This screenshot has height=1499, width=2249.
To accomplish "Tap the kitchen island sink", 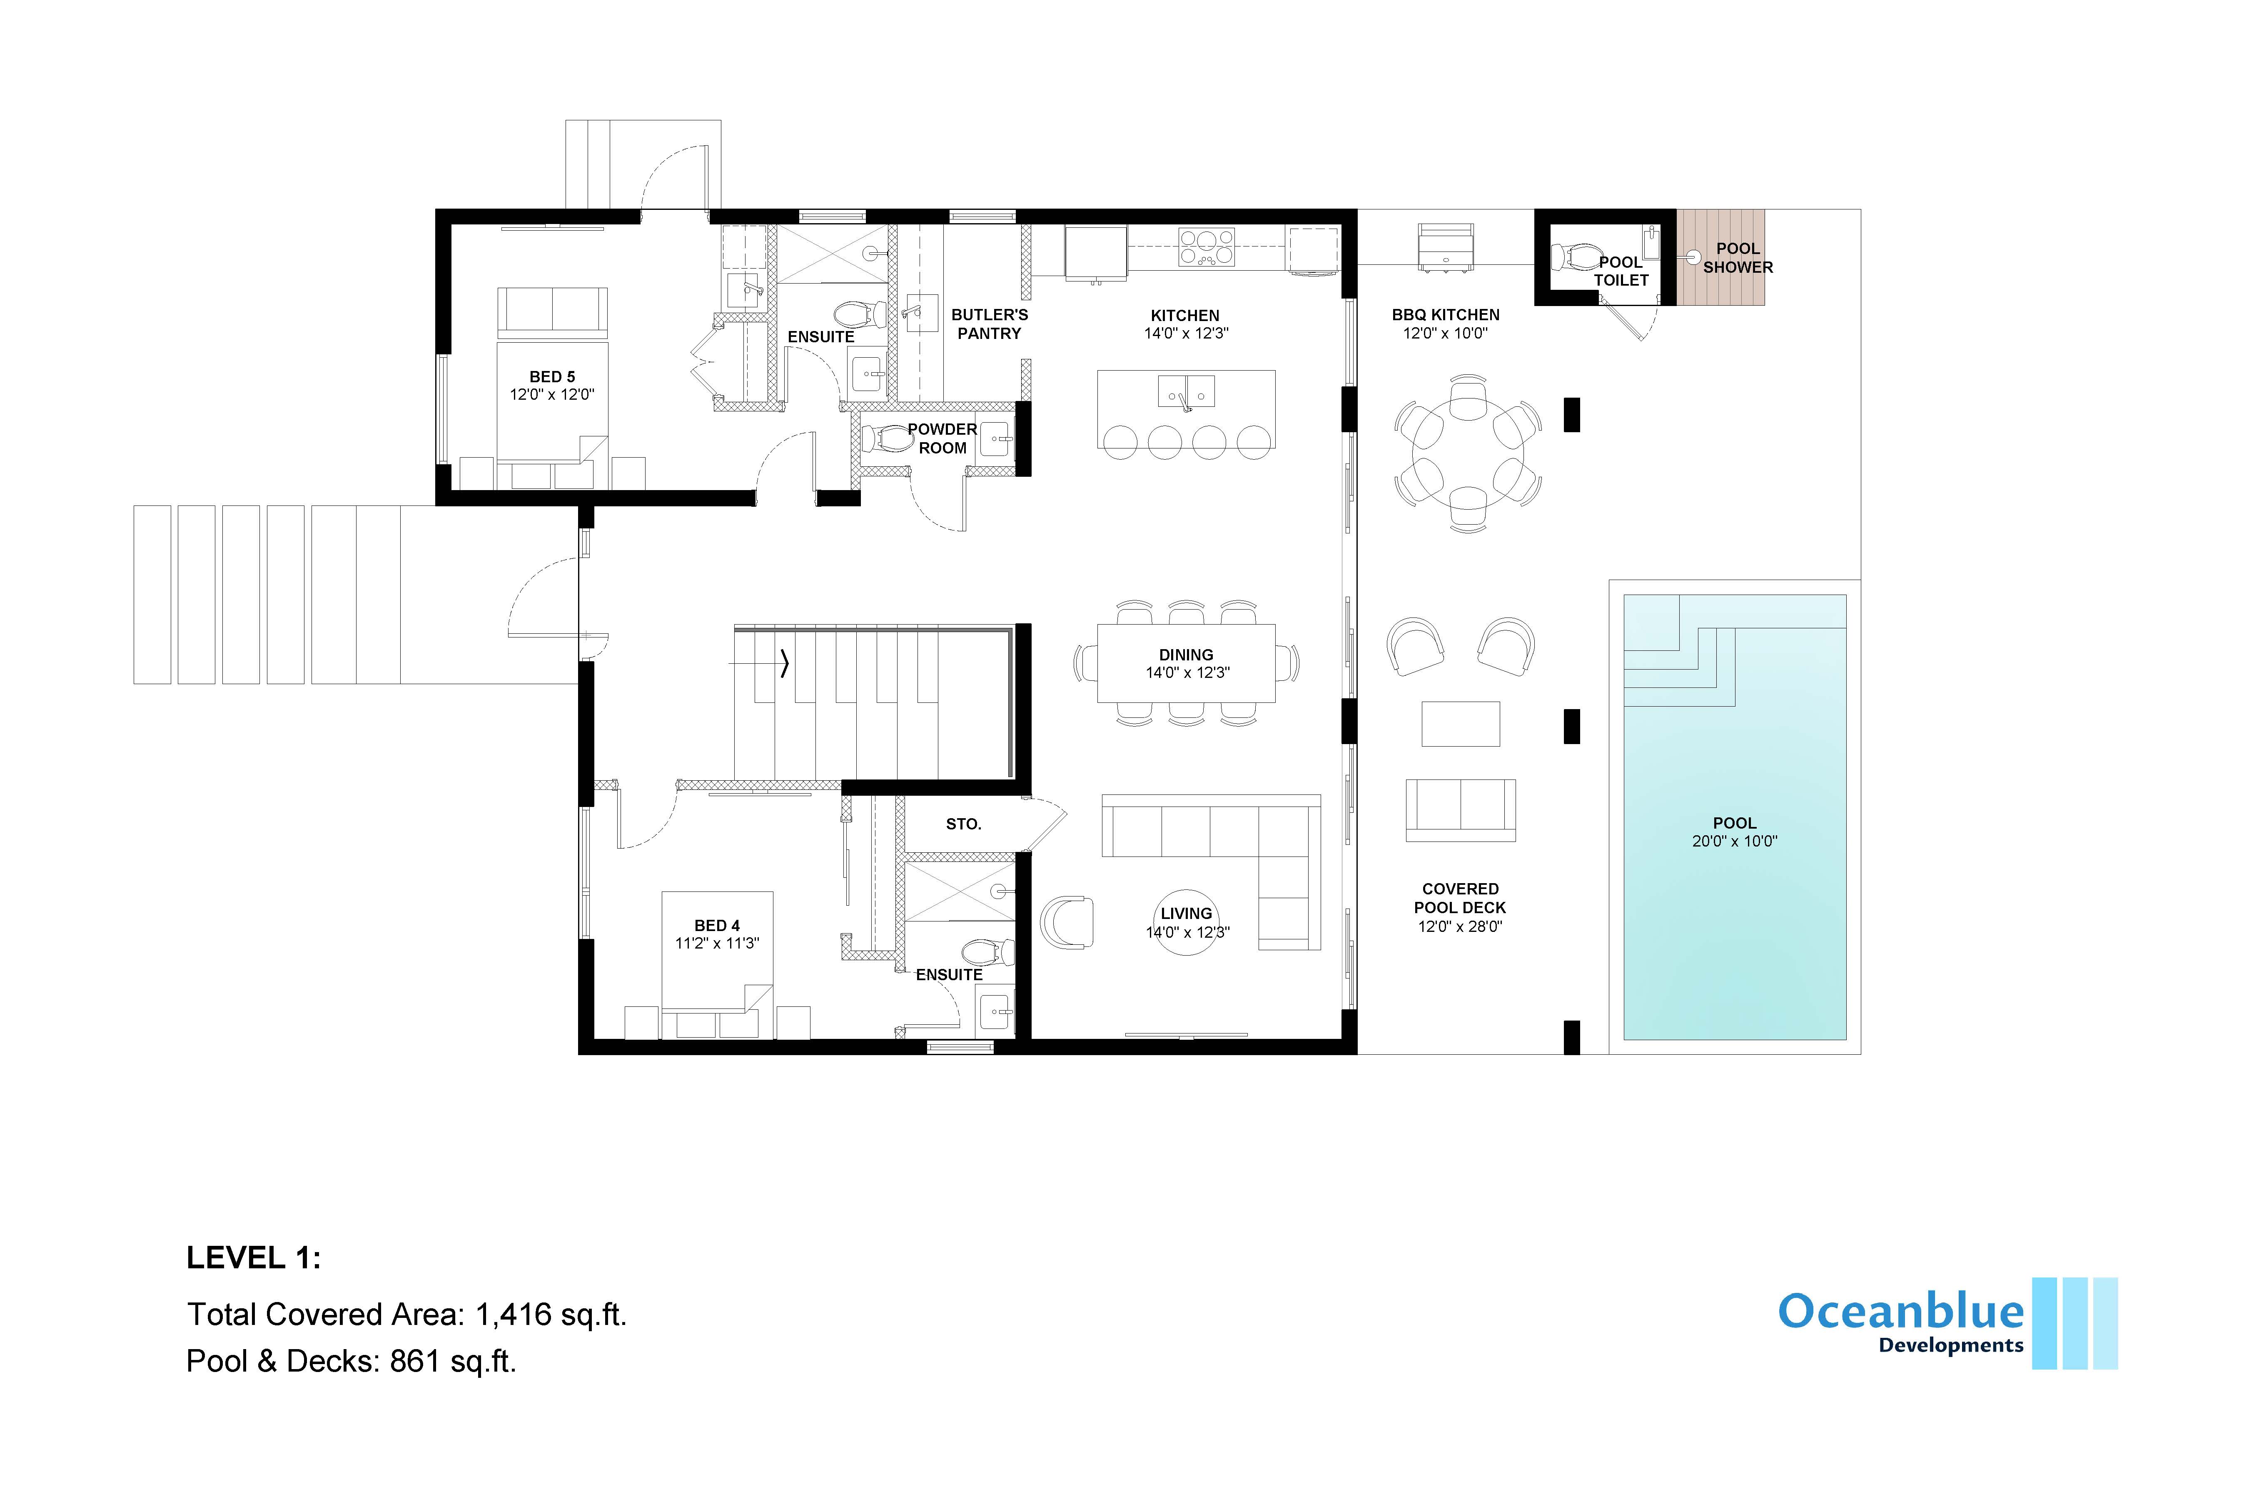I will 1186,392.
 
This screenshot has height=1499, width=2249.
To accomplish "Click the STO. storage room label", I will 963,824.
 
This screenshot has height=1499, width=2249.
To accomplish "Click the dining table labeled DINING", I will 1186,663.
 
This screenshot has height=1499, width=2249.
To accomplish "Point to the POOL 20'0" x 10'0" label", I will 1733,832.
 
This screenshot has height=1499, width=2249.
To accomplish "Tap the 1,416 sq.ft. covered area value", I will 551,1315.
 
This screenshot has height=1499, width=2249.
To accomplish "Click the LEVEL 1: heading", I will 253,1258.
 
